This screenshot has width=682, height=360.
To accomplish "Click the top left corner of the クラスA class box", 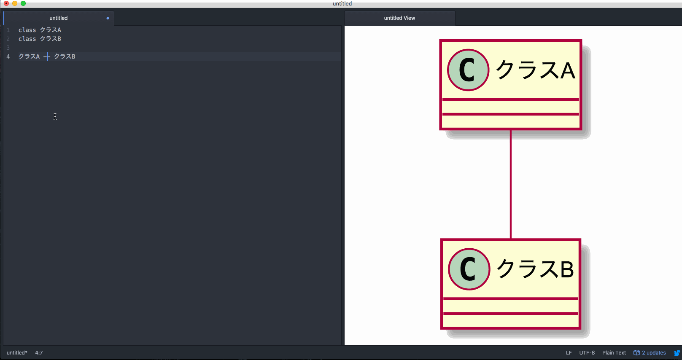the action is coord(440,40).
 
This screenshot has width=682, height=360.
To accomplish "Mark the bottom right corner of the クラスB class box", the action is coord(581,329).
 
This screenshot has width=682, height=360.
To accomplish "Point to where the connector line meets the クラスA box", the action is coord(511,130).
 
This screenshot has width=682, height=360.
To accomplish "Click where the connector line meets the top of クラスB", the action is coord(511,239).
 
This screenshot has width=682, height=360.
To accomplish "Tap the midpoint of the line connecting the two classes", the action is coord(511,184).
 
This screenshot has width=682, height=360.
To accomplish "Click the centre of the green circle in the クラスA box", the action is coord(468,70).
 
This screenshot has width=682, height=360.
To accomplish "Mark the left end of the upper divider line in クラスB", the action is coord(444,298).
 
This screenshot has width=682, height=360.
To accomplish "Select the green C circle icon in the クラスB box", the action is coord(469,269).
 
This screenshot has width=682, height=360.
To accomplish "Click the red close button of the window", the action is coord(6,3).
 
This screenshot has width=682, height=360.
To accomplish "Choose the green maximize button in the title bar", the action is coord(23,3).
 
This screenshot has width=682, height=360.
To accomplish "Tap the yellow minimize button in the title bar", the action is coord(15,3).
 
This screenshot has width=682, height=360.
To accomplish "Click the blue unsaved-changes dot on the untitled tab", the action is coord(108,18).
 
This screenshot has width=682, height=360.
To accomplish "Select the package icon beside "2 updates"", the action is coord(636,353).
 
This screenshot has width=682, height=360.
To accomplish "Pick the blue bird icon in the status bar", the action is coord(677,353).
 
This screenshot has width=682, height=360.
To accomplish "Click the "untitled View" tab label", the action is coord(399,18).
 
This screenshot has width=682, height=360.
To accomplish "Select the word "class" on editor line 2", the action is coord(27,39).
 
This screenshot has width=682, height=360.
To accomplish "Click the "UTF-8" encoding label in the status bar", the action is coord(587,353).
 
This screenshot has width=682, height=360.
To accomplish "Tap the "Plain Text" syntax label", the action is coord(614,353).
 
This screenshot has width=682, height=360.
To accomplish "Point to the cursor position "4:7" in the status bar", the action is coord(39,353).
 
